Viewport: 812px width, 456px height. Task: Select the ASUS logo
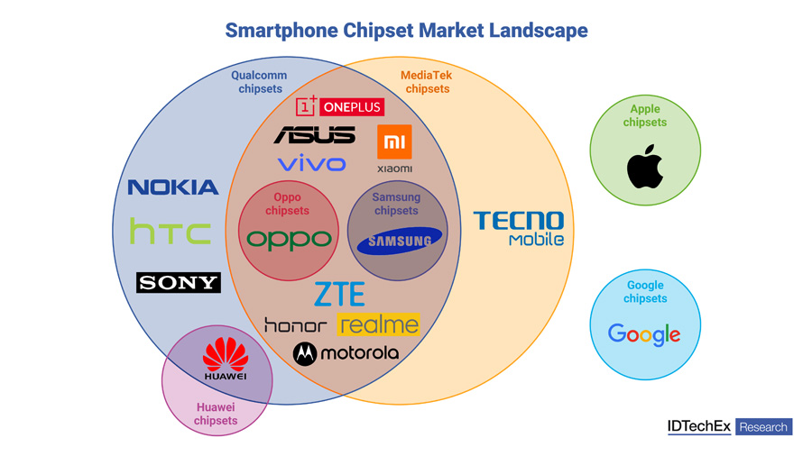[314, 135]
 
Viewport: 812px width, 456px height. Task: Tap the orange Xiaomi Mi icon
[394, 141]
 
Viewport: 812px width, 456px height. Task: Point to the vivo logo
[311, 164]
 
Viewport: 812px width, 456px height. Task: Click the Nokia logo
[173, 187]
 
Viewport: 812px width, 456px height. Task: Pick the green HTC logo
[170, 232]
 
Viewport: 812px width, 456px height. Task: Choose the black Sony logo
[178, 282]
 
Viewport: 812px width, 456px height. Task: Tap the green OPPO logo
[290, 239]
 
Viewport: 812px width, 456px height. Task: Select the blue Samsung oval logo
[399, 241]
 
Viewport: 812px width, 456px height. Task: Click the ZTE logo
[339, 294]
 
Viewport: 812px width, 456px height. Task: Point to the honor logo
[296, 325]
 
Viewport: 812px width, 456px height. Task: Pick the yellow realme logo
[379, 324]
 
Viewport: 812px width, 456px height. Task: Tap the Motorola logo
[346, 353]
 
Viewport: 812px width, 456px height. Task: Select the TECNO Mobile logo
[519, 227]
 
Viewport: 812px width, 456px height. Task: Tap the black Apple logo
[645, 169]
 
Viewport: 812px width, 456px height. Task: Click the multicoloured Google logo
[644, 334]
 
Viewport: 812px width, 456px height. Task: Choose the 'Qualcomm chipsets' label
[260, 82]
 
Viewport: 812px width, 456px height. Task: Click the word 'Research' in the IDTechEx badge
[763, 427]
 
